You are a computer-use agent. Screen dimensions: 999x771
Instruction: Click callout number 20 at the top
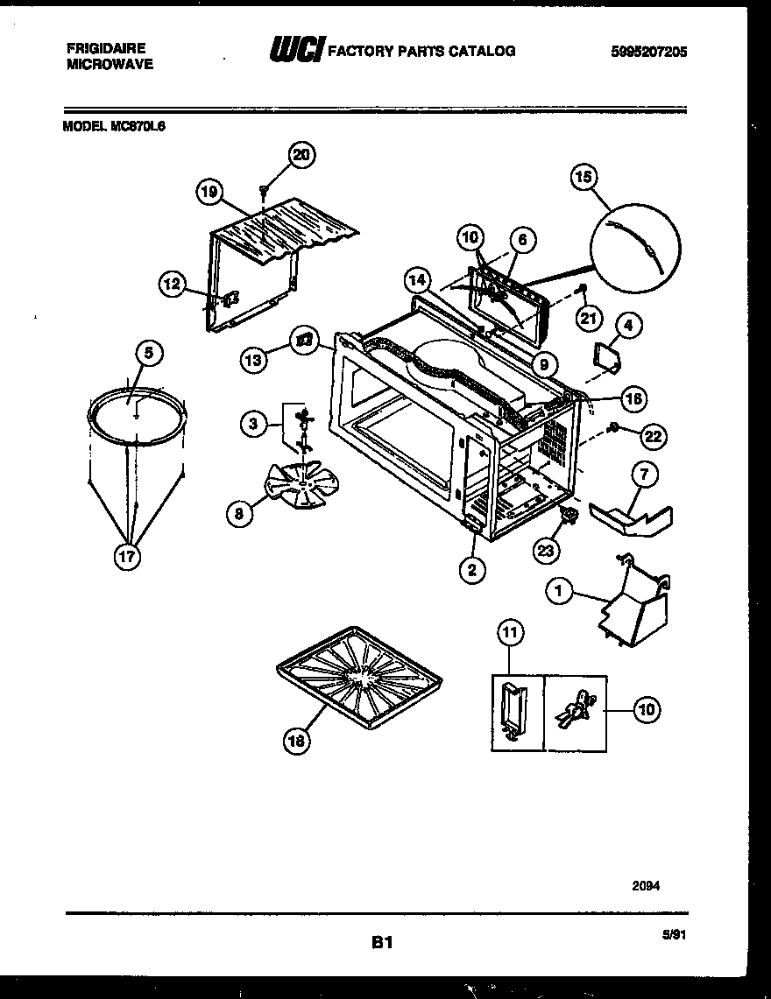pos(301,155)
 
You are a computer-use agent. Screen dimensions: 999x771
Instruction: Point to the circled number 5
pos(149,353)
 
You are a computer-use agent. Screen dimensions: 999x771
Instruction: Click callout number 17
pos(128,558)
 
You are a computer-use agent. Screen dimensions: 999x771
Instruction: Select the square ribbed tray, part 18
pos(357,675)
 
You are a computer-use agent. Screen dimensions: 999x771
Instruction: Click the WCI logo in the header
pos(295,51)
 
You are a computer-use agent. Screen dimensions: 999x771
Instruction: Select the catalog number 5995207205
pos(648,52)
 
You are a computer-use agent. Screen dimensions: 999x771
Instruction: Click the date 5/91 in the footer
pos(673,935)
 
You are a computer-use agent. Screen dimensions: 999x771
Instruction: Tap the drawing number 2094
pos(647,885)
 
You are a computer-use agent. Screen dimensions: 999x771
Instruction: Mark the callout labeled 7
pos(644,475)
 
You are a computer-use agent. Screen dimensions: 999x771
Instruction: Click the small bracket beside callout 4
pos(605,356)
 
